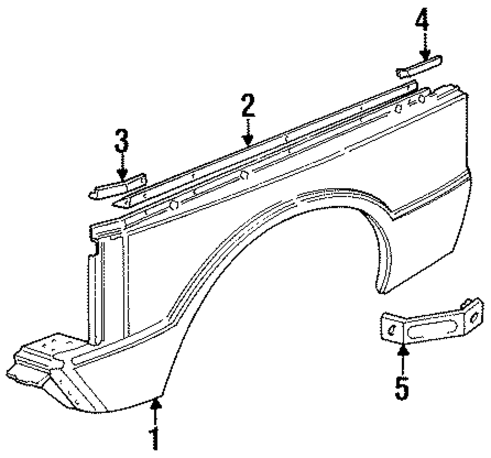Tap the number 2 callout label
click(x=247, y=106)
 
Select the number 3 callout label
click(x=121, y=140)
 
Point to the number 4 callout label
click(x=422, y=21)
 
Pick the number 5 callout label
click(x=402, y=388)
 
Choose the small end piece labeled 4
click(x=419, y=67)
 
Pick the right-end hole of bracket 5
click(x=473, y=318)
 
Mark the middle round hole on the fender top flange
click(x=245, y=176)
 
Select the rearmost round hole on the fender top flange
click(x=399, y=108)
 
